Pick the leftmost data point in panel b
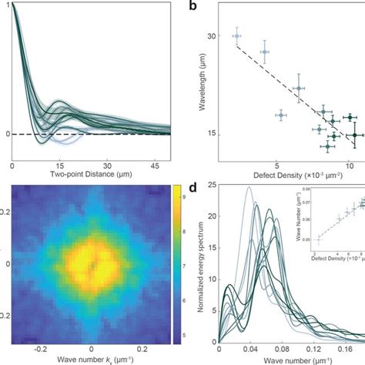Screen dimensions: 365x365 coord(236,35)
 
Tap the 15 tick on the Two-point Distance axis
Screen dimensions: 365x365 coord(59,166)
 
